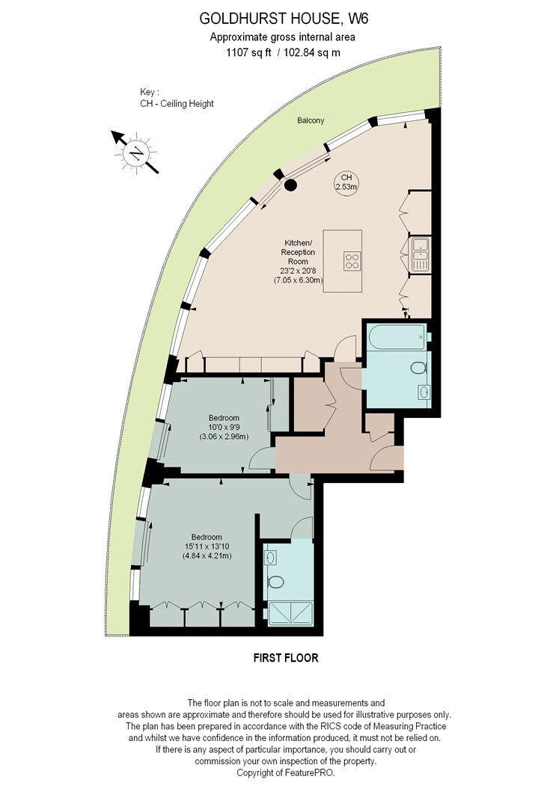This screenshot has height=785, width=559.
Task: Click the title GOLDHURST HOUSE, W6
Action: [x=284, y=19]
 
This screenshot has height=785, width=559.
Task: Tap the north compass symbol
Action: [x=135, y=153]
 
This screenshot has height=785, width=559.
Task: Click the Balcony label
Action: [x=311, y=120]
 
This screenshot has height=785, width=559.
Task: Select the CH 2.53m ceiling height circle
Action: [x=346, y=182]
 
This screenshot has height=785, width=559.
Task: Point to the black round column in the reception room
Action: [x=290, y=185]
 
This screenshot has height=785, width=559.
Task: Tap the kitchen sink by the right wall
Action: [x=418, y=254]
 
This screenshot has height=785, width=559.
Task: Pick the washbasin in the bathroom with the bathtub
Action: [x=424, y=392]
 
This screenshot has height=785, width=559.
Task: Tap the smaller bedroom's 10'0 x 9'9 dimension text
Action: [x=224, y=427]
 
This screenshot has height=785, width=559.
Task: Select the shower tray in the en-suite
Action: [x=290, y=614]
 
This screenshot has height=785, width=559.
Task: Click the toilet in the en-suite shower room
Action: [x=275, y=582]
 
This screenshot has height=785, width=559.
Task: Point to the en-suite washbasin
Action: [x=270, y=557]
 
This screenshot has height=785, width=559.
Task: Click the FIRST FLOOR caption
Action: [x=286, y=658]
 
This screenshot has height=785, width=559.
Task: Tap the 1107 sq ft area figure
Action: [x=249, y=52]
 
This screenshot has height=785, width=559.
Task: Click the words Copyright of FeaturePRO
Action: [x=286, y=772]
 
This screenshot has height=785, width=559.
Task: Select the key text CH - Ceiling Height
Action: [x=177, y=104]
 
